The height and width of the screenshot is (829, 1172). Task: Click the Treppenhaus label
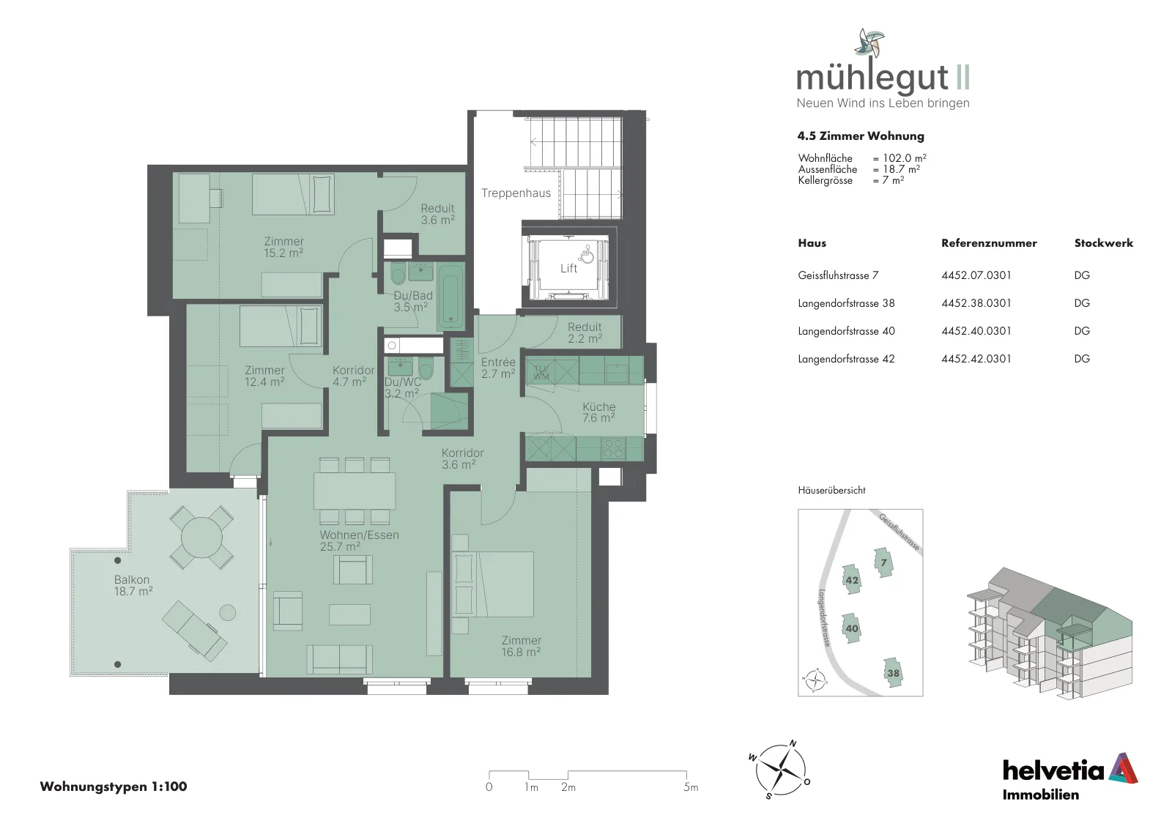[516, 193]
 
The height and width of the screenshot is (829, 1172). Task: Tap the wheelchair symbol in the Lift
[587, 255]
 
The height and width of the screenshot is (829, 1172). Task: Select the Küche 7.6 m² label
[598, 412]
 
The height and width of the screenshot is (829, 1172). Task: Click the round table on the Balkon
[201, 537]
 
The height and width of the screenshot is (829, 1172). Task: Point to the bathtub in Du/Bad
[450, 296]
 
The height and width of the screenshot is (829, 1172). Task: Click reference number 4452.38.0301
[976, 303]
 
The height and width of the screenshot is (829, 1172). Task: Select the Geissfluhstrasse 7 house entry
[838, 275]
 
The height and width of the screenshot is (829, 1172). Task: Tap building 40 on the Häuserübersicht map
[851, 628]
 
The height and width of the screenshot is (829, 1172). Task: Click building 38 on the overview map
[893, 672]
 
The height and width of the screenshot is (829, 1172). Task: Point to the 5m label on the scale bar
[691, 787]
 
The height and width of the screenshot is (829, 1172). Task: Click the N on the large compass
[793, 743]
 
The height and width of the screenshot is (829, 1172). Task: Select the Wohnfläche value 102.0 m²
[904, 158]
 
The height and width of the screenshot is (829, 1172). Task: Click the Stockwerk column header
[1103, 242]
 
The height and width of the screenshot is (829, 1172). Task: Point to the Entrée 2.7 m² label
[498, 368]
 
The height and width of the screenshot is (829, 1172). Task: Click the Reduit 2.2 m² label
[585, 332]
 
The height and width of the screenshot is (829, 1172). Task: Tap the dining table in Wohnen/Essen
[355, 491]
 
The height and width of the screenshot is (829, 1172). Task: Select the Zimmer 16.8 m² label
[521, 646]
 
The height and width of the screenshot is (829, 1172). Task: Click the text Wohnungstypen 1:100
[114, 787]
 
